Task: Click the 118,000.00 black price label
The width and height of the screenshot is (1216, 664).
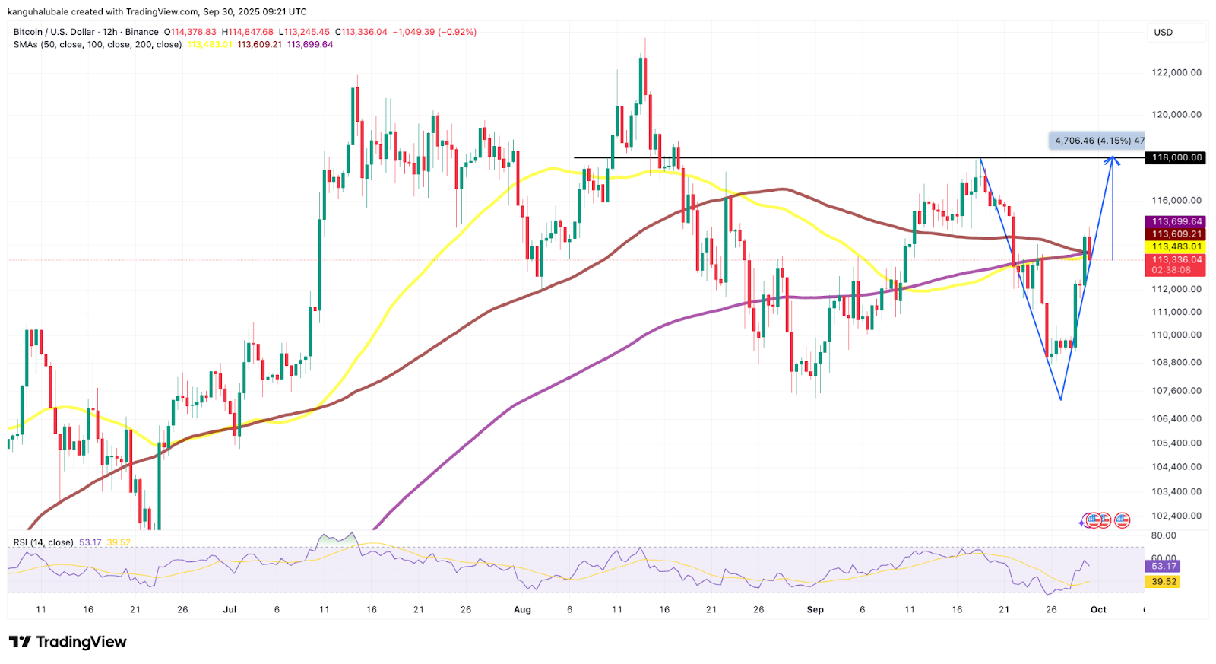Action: click(1176, 157)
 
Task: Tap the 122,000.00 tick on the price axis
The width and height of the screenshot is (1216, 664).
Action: click(1176, 73)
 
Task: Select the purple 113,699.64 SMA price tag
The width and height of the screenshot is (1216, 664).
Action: click(1176, 222)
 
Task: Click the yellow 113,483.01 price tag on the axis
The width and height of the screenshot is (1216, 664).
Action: click(1176, 246)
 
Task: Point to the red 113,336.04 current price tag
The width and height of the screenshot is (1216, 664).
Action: click(1176, 260)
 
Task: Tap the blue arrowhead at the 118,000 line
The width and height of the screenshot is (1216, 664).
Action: click(1113, 160)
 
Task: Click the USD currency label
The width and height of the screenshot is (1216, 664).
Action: click(1163, 33)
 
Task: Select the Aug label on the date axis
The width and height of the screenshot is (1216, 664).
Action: click(522, 609)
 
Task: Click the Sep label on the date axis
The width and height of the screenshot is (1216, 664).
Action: click(815, 609)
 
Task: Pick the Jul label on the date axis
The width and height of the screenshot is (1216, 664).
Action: click(230, 609)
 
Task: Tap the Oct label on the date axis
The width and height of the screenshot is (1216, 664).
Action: click(1098, 609)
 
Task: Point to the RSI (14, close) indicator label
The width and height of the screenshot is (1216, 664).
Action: click(43, 542)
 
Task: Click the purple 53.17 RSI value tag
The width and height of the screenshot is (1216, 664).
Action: click(1164, 566)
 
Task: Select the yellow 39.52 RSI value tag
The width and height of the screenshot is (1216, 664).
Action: click(1164, 582)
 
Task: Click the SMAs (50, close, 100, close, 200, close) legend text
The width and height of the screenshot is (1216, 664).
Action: click(97, 44)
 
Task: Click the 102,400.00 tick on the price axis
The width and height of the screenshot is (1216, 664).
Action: click(1176, 516)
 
